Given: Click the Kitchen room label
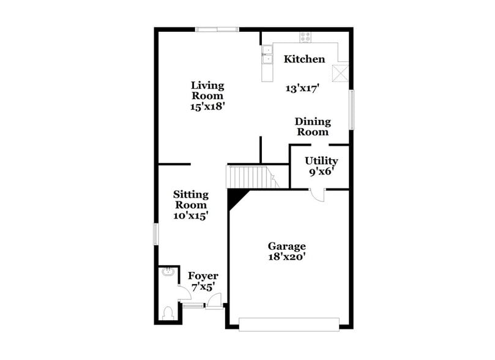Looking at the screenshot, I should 304,59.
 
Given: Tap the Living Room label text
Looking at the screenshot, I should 207,91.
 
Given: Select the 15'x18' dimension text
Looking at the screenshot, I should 207,106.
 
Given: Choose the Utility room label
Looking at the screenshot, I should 321,161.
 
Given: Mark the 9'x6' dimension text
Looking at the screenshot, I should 320,172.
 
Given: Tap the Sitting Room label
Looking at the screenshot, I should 192,200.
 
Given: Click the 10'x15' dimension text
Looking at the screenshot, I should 192,216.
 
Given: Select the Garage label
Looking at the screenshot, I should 286,246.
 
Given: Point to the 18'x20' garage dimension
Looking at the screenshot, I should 286,258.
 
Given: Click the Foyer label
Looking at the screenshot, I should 203,276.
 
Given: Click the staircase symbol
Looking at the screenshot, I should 249,176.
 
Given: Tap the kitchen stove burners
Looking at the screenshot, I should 304,37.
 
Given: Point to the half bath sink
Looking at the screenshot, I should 166,273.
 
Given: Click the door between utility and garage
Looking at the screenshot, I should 317,195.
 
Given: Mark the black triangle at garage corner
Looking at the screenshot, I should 236,197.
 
